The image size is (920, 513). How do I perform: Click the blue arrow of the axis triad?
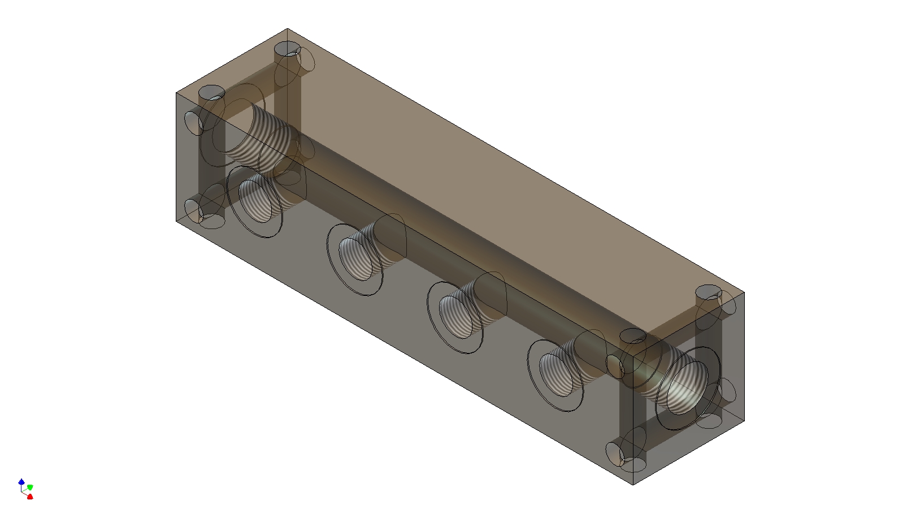click(21, 482)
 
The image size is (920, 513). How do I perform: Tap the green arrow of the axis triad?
click(30, 487)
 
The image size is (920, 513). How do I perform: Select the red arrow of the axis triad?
click(30, 497)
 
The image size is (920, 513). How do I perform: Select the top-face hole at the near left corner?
click(212, 92)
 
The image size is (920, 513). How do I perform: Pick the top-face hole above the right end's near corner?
click(633, 336)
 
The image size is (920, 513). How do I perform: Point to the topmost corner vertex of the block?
click(288, 29)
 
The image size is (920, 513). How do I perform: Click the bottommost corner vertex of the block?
click(633, 485)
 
